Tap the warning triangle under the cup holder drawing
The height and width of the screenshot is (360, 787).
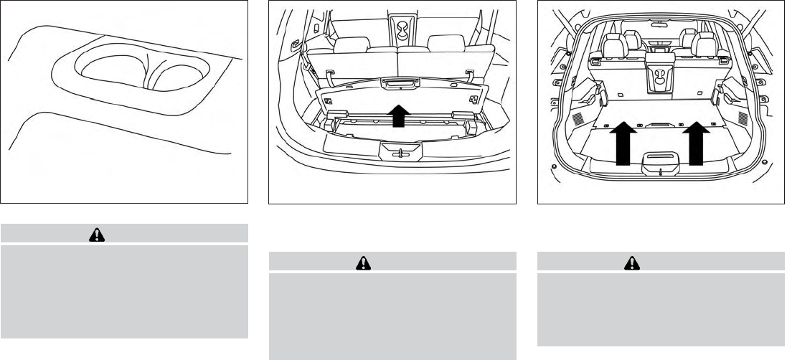pyautogui.click(x=92, y=233)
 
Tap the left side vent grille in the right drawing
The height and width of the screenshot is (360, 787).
pyautogui.click(x=556, y=118)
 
